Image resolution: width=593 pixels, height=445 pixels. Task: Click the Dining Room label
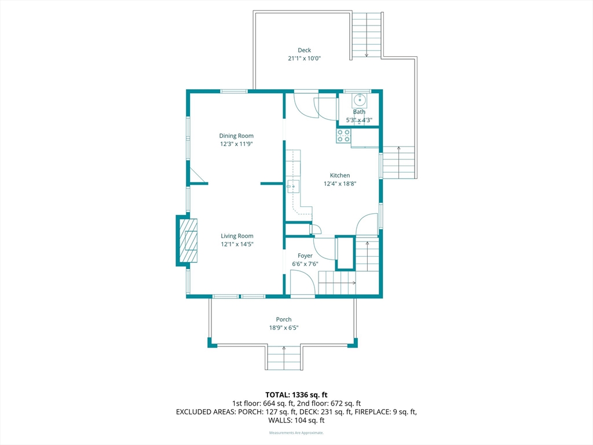236,136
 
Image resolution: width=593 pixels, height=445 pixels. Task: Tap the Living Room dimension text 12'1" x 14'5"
237,244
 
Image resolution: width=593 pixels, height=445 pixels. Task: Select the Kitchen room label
339,175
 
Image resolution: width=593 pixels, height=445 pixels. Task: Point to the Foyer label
305,256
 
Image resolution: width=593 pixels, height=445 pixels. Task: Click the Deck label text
304,50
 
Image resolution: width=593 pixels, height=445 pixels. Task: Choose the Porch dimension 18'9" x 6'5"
284,328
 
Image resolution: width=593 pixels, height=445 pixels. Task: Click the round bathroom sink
359,100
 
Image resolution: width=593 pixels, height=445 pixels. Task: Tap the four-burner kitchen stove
343,136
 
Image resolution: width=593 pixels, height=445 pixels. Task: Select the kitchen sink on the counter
293,187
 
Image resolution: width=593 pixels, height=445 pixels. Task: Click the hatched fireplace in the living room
188,240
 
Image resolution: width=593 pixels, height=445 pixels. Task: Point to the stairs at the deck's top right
367,35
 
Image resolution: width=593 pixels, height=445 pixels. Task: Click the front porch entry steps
284,357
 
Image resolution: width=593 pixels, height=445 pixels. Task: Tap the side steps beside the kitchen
399,162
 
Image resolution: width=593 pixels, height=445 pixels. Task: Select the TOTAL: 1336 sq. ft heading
296,395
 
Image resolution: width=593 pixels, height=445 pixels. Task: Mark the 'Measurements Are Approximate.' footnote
296,432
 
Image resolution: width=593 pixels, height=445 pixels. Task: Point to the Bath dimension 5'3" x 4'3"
359,121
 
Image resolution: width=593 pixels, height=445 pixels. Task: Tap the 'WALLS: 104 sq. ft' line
296,420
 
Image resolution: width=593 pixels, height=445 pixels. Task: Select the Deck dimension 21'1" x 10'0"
304,59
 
